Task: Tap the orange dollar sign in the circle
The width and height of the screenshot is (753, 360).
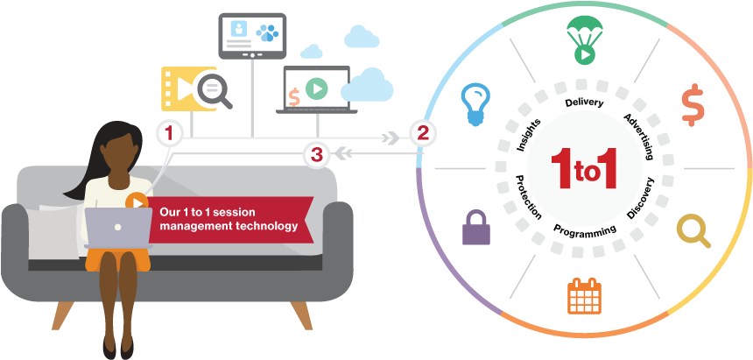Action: coord(693,105)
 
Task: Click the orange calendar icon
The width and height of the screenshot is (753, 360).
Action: coord(584,295)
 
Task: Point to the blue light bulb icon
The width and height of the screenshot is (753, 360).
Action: coord(475,103)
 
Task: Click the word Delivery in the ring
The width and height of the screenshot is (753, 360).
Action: coord(584,103)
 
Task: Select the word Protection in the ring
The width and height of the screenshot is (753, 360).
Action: coord(528,196)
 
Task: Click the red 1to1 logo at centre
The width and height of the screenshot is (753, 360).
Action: coord(584,167)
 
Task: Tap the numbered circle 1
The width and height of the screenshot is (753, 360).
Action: coord(169,133)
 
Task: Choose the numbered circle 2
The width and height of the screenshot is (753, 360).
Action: coord(423,133)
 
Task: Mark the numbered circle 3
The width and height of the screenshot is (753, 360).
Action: coord(316,155)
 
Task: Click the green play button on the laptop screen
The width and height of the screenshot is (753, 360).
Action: coord(317,88)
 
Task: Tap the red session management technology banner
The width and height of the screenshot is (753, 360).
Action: coord(231,219)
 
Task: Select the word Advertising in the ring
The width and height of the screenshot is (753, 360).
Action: coord(638,136)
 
